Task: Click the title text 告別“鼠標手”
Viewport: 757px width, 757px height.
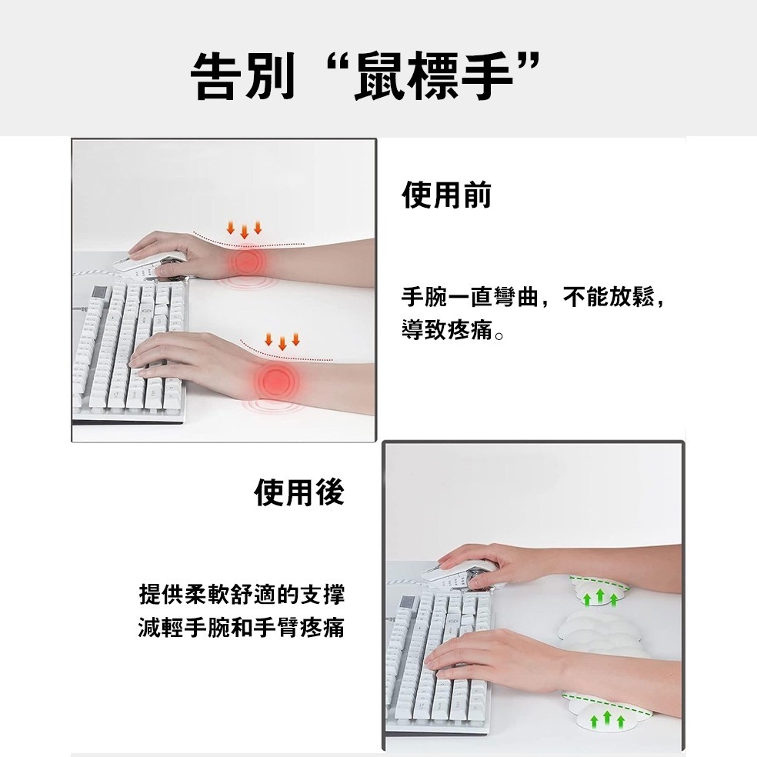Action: click(x=363, y=75)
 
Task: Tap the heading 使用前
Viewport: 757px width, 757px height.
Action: click(x=446, y=195)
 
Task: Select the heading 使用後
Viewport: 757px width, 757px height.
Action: click(x=299, y=492)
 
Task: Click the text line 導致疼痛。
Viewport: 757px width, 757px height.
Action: click(x=453, y=333)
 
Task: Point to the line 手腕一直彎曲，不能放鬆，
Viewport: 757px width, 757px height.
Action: click(x=532, y=298)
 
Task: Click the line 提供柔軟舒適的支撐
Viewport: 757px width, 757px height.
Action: click(x=242, y=595)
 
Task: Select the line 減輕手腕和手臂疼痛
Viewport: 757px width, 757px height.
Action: click(x=242, y=629)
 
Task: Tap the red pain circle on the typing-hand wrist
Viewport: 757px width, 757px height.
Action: click(x=275, y=380)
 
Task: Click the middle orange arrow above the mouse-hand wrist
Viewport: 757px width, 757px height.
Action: click(x=245, y=230)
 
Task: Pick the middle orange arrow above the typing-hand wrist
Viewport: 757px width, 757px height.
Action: click(x=282, y=342)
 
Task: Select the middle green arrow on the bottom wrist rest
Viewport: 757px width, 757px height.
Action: click(x=607, y=719)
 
